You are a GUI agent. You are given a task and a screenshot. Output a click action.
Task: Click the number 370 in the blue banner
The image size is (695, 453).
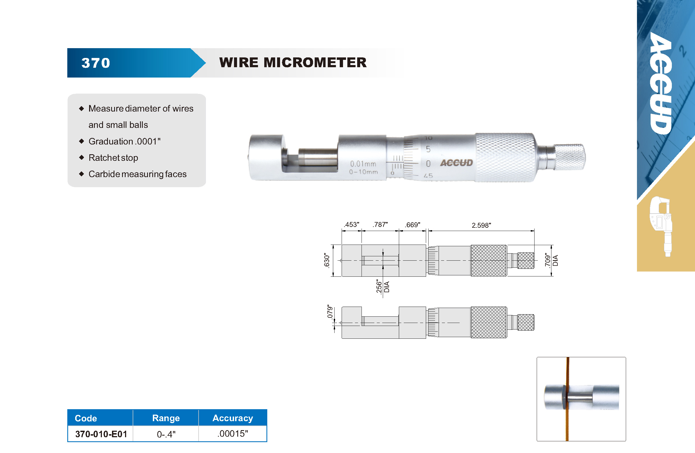(x=96, y=63)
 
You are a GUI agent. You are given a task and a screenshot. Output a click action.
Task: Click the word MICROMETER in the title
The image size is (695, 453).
(x=315, y=62)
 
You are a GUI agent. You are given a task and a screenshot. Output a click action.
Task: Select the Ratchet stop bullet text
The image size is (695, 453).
(x=113, y=158)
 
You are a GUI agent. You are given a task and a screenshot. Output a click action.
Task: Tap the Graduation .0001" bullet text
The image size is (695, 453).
(x=125, y=141)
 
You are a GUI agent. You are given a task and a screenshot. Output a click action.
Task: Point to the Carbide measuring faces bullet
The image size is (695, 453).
(x=138, y=174)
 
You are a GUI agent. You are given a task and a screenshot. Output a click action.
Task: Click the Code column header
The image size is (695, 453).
(x=86, y=418)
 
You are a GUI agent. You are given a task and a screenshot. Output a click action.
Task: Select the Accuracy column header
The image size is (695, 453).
(x=233, y=418)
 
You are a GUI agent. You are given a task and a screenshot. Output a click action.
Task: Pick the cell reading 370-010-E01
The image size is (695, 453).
(x=101, y=434)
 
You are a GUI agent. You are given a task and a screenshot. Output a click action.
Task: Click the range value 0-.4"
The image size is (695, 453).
(x=166, y=434)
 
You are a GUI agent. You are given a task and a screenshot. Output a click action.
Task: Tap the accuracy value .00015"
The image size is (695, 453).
(x=233, y=433)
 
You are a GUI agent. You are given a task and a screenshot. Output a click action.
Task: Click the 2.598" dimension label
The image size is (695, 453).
(x=481, y=225)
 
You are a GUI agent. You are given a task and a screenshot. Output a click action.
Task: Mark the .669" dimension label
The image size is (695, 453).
(x=412, y=225)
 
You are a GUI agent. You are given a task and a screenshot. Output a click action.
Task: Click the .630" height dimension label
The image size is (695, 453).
(x=326, y=260)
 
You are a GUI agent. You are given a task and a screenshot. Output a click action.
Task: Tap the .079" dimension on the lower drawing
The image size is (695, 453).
(x=330, y=312)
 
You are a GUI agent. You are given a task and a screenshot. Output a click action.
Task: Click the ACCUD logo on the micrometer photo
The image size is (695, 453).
(x=456, y=163)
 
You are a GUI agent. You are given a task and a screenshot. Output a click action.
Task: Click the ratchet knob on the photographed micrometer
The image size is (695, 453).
(x=569, y=157)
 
